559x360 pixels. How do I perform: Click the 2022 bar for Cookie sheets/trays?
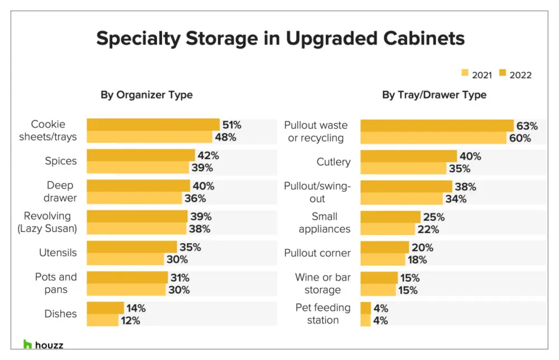pyautogui.click(x=153, y=124)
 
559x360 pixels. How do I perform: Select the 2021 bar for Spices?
pyautogui.click(x=138, y=168)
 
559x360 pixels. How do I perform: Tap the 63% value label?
pyautogui.click(x=527, y=126)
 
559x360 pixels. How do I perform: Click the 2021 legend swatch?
pyautogui.click(x=465, y=73)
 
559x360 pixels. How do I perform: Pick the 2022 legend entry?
pyautogui.click(x=515, y=74)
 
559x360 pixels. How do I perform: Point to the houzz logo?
pyautogui.click(x=43, y=344)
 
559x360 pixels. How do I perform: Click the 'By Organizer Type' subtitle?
pyautogui.click(x=146, y=95)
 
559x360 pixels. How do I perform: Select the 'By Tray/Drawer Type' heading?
pyautogui.click(x=434, y=95)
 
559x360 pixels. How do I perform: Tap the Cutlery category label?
pyautogui.click(x=333, y=162)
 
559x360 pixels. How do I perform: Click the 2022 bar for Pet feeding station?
pyautogui.click(x=366, y=308)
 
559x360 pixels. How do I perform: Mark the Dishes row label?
pyautogui.click(x=60, y=314)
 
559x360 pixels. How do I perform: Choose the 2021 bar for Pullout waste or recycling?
pyautogui.click(x=433, y=138)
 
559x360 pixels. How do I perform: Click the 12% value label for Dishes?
pyautogui.click(x=129, y=320)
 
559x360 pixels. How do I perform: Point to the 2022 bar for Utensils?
pyautogui.click(x=131, y=247)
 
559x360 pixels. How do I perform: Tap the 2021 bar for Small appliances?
pyautogui.click(x=386, y=229)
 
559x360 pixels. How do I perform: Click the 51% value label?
pyautogui.click(x=231, y=125)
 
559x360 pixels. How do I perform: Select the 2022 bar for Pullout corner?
pyautogui.click(x=385, y=247)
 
